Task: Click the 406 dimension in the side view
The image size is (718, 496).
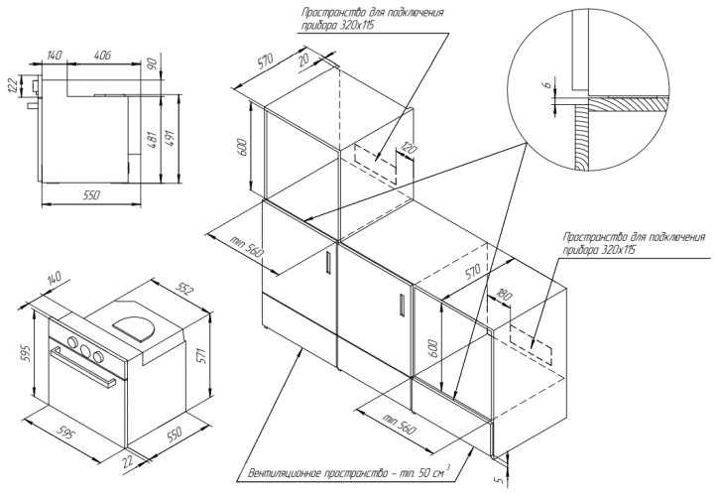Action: (x=102, y=53)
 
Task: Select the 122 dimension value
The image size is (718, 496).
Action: (x=13, y=87)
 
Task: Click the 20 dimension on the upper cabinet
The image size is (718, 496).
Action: (x=301, y=62)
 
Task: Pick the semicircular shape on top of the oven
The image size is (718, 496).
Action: (x=135, y=324)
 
